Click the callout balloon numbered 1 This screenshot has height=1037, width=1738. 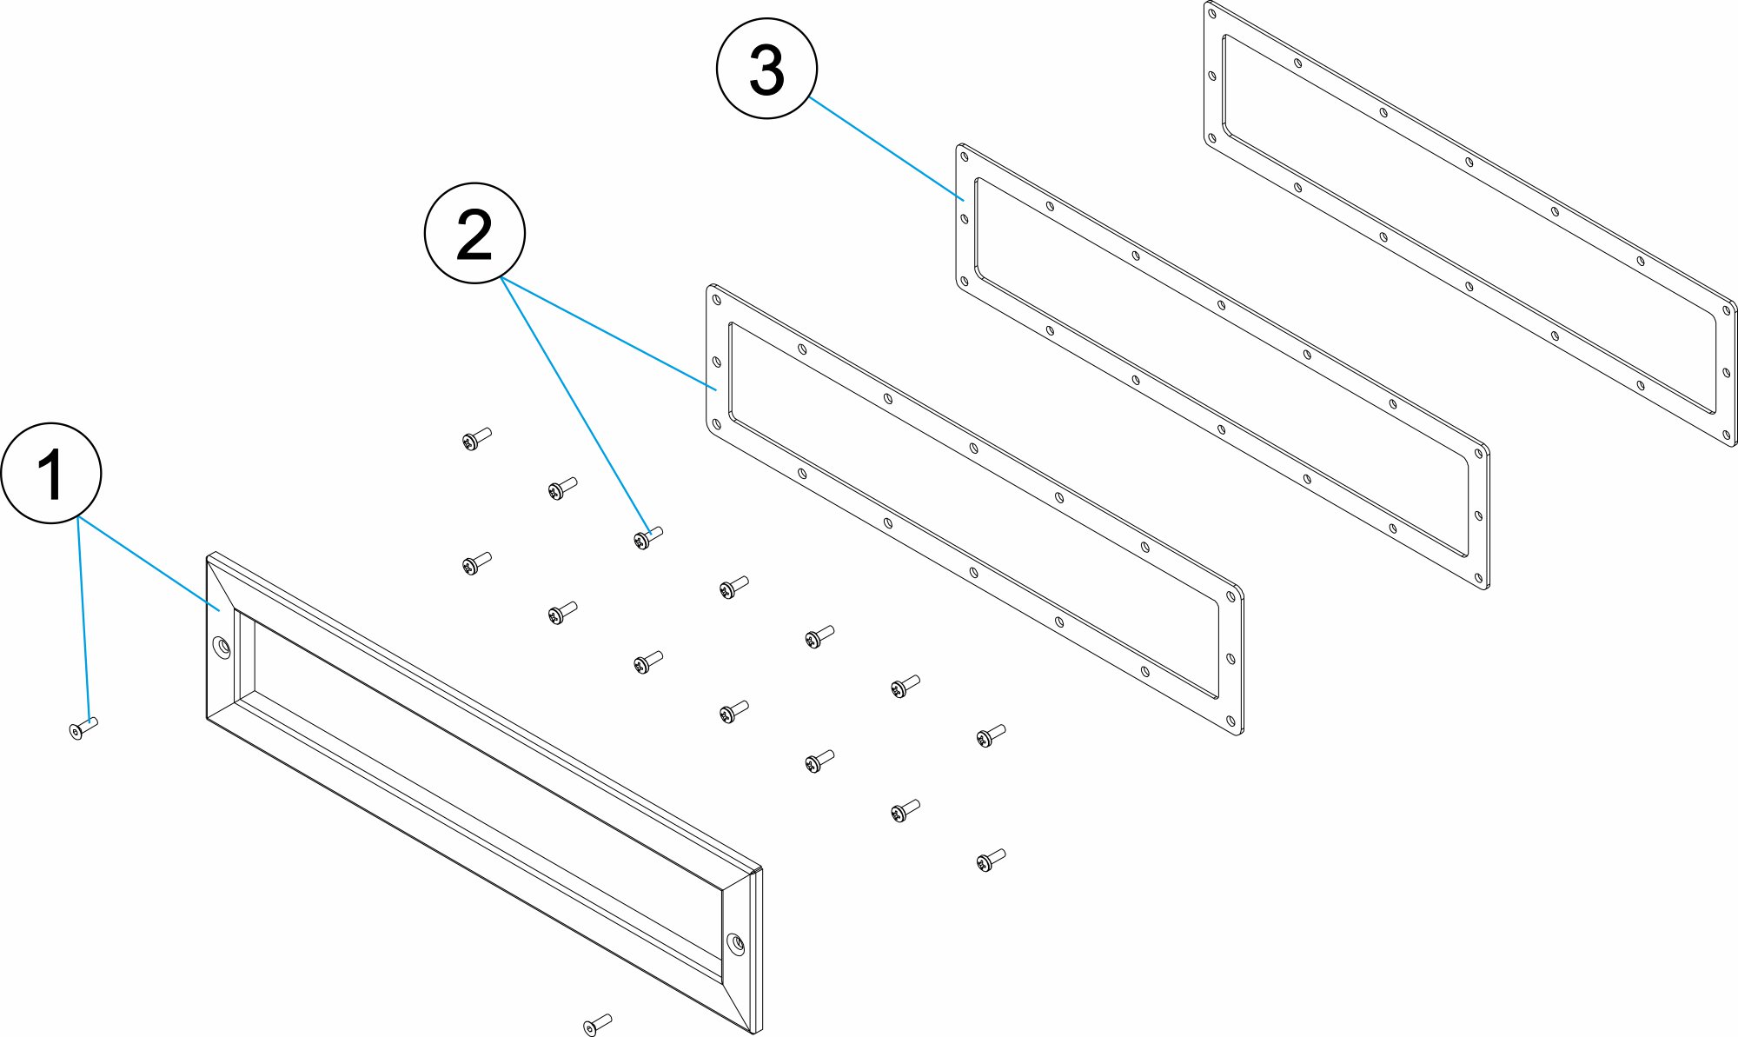(51, 473)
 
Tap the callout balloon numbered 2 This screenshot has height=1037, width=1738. (474, 233)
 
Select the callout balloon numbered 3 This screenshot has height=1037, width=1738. (766, 69)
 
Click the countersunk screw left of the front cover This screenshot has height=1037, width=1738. (83, 728)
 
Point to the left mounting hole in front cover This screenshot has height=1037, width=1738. (222, 648)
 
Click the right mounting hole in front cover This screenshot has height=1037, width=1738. (736, 943)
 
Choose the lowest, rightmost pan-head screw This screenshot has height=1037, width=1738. (990, 860)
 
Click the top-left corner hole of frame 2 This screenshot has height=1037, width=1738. (716, 300)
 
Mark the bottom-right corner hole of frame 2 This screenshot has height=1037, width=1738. (1230, 721)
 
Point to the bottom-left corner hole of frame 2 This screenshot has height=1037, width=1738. (716, 424)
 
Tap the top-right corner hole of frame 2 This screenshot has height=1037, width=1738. (1230, 596)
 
